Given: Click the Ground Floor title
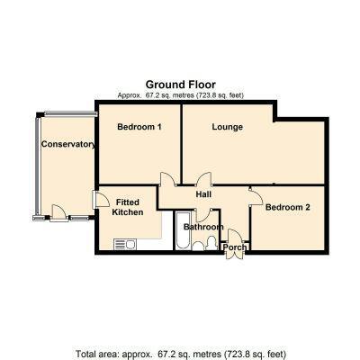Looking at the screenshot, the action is click(180, 85).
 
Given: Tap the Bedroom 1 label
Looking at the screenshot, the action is click(139, 127).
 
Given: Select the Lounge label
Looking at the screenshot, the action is click(228, 127).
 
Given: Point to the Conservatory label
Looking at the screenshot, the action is click(68, 144).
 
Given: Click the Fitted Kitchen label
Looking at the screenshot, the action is click(128, 207).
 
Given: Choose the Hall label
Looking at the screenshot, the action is click(203, 194).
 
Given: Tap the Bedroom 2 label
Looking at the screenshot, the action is click(288, 207).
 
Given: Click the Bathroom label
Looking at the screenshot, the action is click(203, 227).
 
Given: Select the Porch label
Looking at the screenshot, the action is click(235, 247).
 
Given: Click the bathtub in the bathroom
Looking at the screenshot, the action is click(183, 230).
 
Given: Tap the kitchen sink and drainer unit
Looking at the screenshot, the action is click(125, 244).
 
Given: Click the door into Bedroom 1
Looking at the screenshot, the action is click(168, 179).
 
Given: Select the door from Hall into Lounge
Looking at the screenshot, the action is click(203, 179).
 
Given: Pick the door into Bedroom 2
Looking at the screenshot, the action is click(256, 196).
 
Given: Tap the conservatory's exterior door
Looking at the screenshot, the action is click(58, 212).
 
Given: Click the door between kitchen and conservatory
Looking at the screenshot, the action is click(101, 200).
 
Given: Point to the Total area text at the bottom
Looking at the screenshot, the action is click(180, 354).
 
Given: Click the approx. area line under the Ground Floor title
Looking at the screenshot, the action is click(180, 95).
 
